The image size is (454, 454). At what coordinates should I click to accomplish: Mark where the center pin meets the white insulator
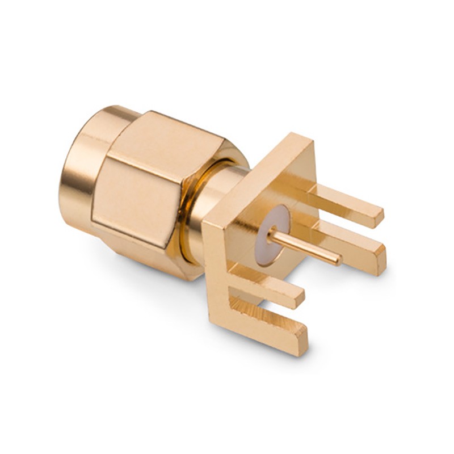[x=272, y=233]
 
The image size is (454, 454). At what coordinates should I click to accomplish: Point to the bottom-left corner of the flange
[x=218, y=323]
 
